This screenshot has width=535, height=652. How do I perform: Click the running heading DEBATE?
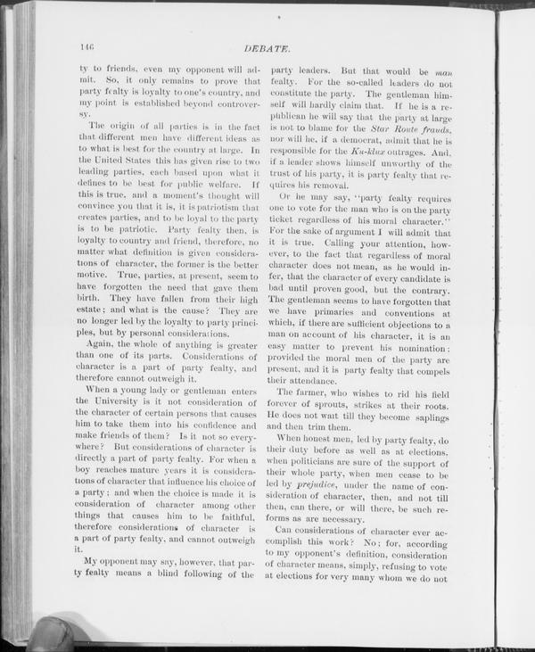tap(281, 46)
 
